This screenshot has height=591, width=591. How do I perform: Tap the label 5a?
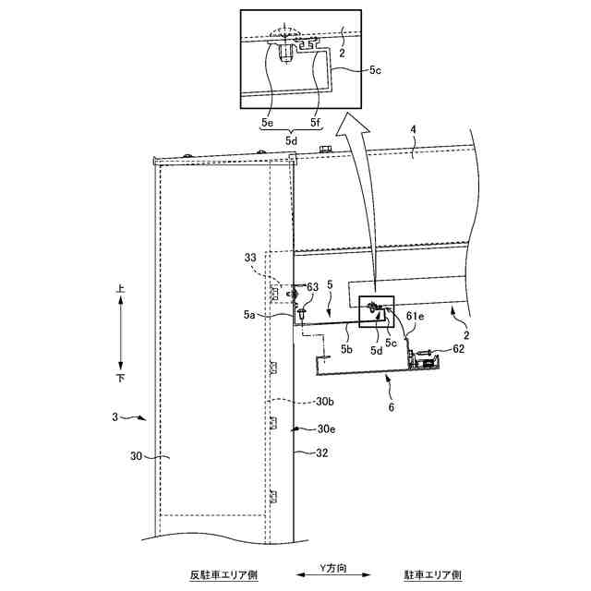pyautogui.click(x=250, y=315)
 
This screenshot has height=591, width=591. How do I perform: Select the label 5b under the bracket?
pyautogui.click(x=347, y=350)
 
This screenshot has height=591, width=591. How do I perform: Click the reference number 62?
pyautogui.click(x=460, y=349)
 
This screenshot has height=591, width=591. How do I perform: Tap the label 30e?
pyautogui.click(x=325, y=429)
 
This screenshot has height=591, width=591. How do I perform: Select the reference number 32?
pyautogui.click(x=322, y=452)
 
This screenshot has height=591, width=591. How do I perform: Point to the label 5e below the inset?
pyautogui.click(x=266, y=120)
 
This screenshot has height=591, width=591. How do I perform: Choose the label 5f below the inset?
pyautogui.click(x=316, y=120)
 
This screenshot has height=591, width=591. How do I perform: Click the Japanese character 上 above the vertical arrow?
pyautogui.click(x=119, y=289)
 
